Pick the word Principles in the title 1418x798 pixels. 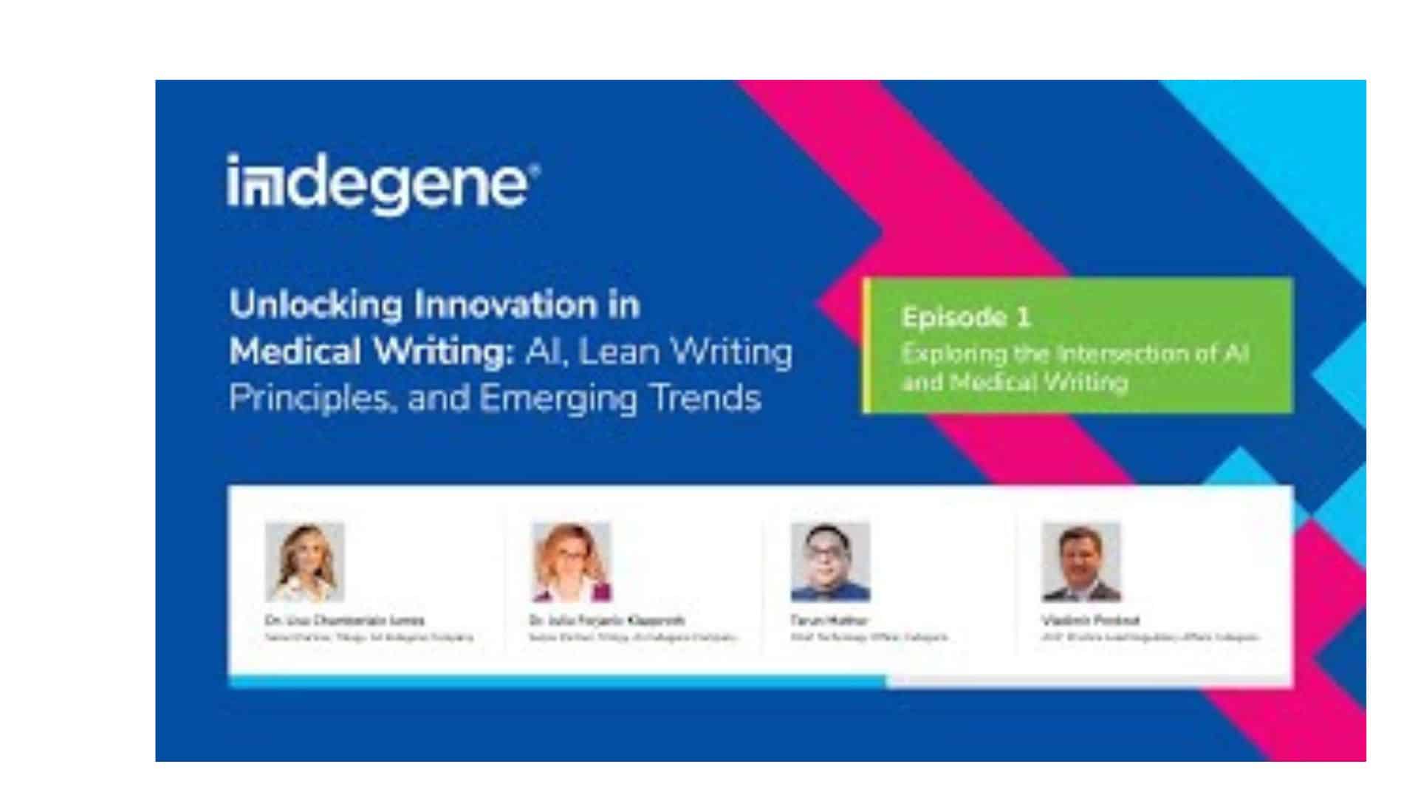[x=307, y=398]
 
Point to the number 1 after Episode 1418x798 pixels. [x=1023, y=318]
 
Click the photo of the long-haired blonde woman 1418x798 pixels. [x=305, y=562]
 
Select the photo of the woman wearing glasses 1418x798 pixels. [x=572, y=562]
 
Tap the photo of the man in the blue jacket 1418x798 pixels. [x=830, y=562]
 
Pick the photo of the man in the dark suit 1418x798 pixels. [x=1081, y=562]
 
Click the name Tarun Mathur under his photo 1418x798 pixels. [x=829, y=620]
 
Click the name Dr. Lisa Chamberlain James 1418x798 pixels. [x=345, y=620]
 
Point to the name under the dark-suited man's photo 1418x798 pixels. [x=1090, y=620]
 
